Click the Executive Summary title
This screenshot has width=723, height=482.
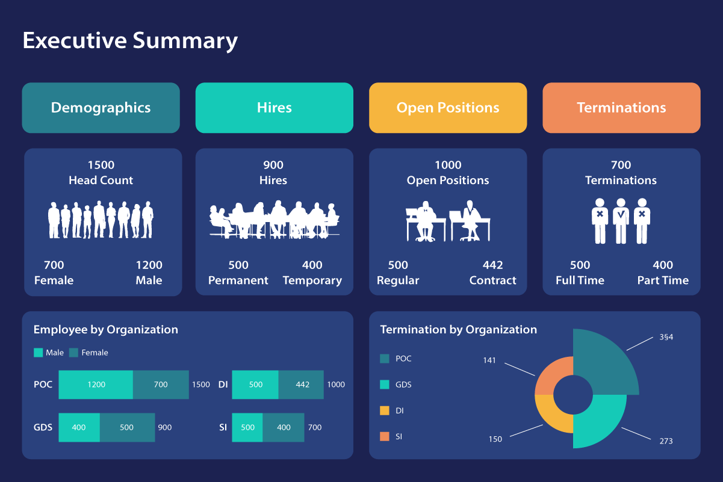pos(130,41)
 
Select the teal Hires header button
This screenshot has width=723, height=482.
pos(274,108)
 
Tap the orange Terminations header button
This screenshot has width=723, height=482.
pos(621,108)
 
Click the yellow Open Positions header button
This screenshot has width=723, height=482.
pos(448,108)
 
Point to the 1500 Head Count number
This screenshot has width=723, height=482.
pos(101,165)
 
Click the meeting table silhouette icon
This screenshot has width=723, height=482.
pos(274,220)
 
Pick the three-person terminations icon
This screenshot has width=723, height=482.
pos(621,221)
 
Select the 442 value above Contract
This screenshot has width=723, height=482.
pos(492,265)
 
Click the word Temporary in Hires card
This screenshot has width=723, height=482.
pos(312,280)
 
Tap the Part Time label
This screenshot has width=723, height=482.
pos(663,280)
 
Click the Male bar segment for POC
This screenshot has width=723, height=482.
pos(96,385)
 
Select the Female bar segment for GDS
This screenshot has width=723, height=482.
pos(126,428)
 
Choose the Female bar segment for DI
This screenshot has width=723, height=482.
pos(302,385)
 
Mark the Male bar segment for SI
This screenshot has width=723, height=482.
pos(247,428)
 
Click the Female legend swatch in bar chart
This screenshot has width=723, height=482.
pos(74,353)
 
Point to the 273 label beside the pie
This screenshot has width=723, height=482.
pos(666,441)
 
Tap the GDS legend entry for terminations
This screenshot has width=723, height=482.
pos(403,385)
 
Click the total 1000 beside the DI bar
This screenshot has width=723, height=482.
pos(336,385)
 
